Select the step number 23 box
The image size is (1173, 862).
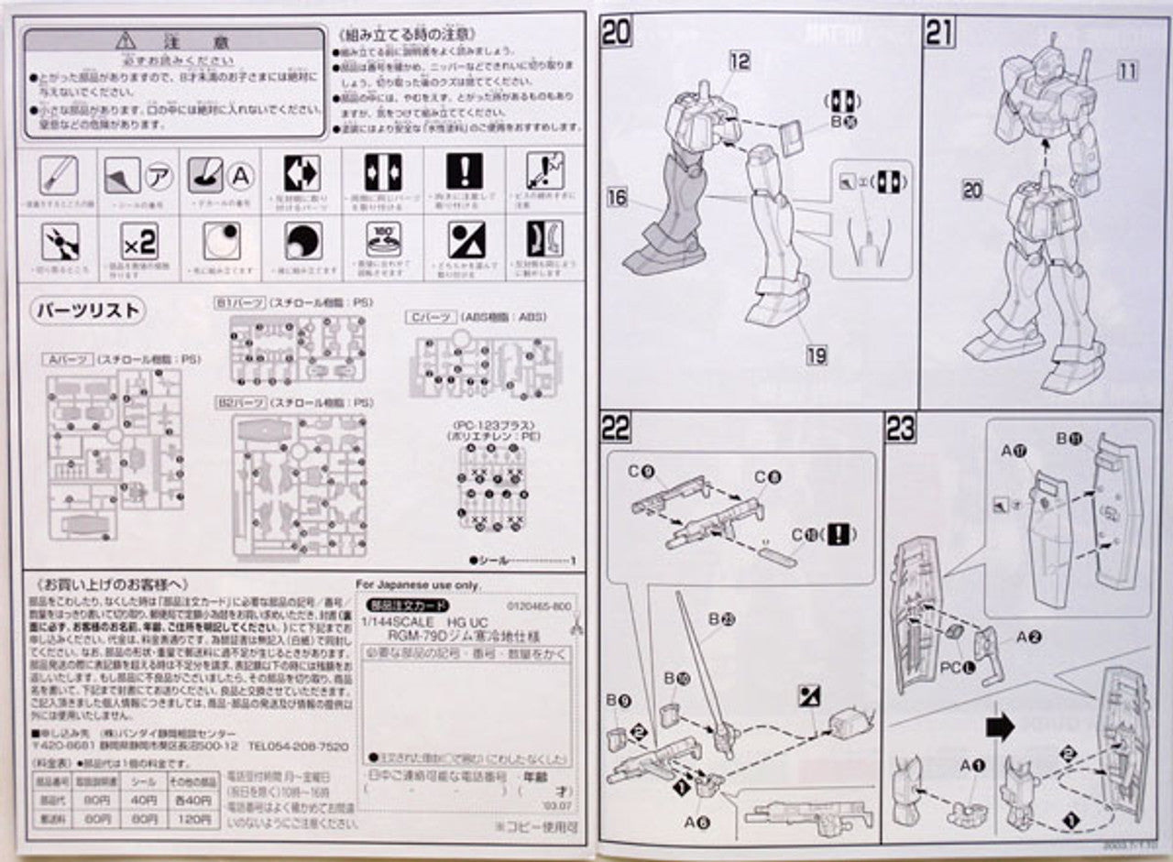pos(901,428)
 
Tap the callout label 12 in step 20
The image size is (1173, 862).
pos(740,61)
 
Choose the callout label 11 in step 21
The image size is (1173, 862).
pos(1127,70)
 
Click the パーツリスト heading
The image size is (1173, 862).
pos(89,311)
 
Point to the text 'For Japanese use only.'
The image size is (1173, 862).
pos(406,584)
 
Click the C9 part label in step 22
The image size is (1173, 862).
pos(641,473)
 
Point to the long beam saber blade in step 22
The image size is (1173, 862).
pos(701,660)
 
